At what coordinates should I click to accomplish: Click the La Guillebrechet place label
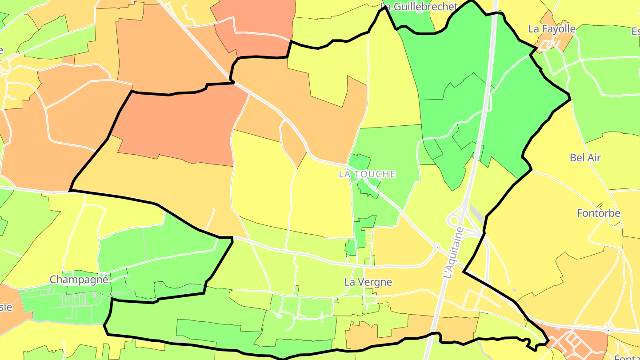click(419, 7)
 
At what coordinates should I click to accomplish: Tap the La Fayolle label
click(552, 29)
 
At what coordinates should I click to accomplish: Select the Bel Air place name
click(585, 157)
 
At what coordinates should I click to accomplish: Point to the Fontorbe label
click(598, 213)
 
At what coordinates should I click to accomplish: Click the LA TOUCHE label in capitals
click(367, 174)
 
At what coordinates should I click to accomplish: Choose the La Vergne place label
click(368, 282)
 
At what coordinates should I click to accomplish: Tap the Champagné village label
click(79, 280)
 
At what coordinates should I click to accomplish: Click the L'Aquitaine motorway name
click(453, 253)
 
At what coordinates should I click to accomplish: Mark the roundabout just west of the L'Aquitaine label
click(437, 247)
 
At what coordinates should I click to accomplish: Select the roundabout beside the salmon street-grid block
click(608, 330)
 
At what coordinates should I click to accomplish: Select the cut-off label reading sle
click(5, 307)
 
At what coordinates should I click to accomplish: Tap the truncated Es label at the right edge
click(636, 31)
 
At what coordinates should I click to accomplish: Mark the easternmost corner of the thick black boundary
click(570, 99)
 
